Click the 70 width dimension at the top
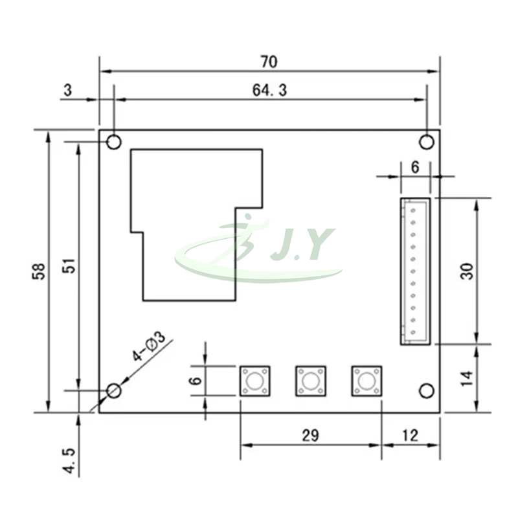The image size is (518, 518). pyautogui.click(x=269, y=62)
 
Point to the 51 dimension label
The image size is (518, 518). pyautogui.click(x=69, y=266)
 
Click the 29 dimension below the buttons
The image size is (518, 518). pyautogui.click(x=310, y=436)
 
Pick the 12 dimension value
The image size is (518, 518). pyautogui.click(x=410, y=436)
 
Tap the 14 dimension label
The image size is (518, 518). pyautogui.click(x=467, y=379)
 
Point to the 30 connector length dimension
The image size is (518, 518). pyautogui.click(x=467, y=270)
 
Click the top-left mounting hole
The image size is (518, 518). pyautogui.click(x=114, y=141)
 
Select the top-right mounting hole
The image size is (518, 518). pyautogui.click(x=426, y=141)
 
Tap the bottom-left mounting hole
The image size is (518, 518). pyautogui.click(x=114, y=390)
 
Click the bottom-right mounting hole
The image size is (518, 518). pyautogui.click(x=426, y=390)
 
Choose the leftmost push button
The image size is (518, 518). pyautogui.click(x=255, y=381)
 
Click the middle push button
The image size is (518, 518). pyautogui.click(x=311, y=381)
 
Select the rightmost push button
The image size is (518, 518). pyautogui.click(x=366, y=381)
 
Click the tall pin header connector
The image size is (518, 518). pyautogui.click(x=414, y=271)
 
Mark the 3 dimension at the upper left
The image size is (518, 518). pyautogui.click(x=67, y=91)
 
